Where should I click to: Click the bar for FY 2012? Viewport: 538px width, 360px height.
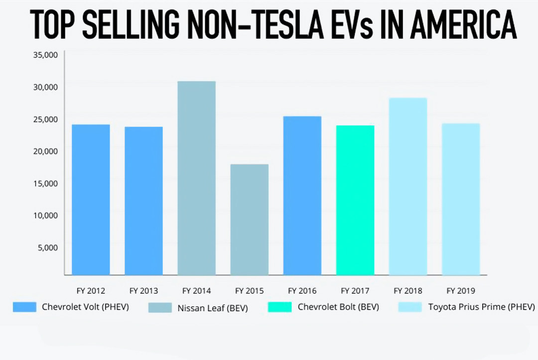coord(91,199)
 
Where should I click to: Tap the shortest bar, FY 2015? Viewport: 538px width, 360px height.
coord(249,219)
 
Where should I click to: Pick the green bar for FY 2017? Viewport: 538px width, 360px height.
coord(355,200)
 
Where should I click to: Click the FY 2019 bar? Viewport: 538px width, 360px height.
coord(461,199)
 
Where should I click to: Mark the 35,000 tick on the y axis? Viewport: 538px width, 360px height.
coord(45,55)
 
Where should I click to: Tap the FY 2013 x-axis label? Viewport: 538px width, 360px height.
coord(143,291)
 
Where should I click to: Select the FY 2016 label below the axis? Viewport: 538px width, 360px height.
coord(302,291)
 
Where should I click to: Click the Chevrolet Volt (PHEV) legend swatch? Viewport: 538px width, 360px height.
coord(24,307)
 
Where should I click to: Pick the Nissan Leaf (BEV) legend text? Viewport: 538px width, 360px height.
coord(213,308)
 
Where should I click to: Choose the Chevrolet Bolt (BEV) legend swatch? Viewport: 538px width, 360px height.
coord(279,307)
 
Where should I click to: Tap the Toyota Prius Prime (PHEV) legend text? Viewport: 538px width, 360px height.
coord(482,307)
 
